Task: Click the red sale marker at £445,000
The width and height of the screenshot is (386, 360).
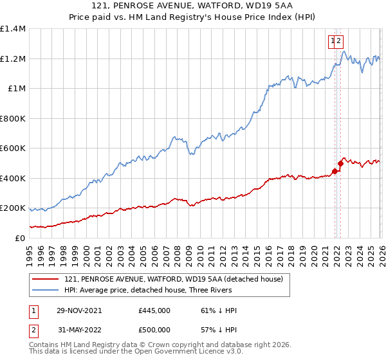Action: pyautogui.click(x=335, y=171)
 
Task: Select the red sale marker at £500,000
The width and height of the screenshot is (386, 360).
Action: pyautogui.click(x=340, y=163)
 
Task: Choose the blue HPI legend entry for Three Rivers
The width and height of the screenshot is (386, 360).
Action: pyautogui.click(x=167, y=290)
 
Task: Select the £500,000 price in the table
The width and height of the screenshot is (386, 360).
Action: pyautogui.click(x=154, y=331)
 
